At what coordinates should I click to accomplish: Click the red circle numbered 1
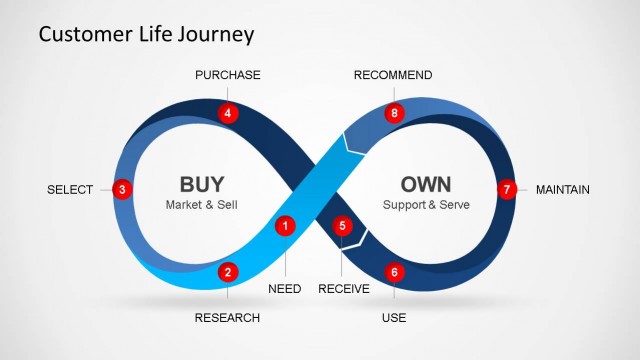pos(285,226)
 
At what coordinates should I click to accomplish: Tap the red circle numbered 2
pos(228,271)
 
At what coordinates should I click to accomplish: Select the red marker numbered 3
pos(121,189)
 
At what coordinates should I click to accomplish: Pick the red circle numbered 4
pos(228,113)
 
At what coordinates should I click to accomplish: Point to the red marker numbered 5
pos(342,226)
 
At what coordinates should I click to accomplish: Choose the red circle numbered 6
pos(394,271)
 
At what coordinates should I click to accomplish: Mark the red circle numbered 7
pos(506,189)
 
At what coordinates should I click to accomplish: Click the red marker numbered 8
pos(394,113)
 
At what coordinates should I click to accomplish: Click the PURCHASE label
pos(228,75)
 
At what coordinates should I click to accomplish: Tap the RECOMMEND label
pos(393,75)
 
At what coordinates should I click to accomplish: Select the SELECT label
pos(70,190)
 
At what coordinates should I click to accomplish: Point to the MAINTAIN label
pos(563,190)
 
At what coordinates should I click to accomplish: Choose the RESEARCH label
pos(228,318)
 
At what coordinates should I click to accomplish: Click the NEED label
pos(285,289)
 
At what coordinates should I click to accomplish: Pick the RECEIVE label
pos(344,289)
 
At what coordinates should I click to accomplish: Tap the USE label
pos(394,318)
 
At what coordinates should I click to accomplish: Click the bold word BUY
pos(202,184)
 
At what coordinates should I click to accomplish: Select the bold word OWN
pos(426,184)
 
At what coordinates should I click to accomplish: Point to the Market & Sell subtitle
pos(202,205)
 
